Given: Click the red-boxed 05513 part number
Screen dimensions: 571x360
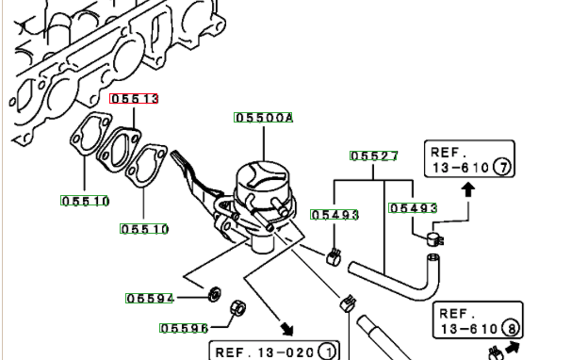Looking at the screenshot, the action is click(134, 98).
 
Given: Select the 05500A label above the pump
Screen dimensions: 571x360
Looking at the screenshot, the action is click(263, 117).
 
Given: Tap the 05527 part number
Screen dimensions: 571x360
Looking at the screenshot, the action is click(374, 155).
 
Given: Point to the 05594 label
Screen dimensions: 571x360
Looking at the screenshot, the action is click(149, 299).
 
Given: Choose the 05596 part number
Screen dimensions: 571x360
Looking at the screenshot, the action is click(184, 328).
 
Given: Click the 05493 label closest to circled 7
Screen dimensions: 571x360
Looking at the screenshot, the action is click(413, 208).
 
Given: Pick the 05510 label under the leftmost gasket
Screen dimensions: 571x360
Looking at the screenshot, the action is click(85, 201).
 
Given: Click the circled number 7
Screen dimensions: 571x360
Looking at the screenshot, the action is click(502, 168).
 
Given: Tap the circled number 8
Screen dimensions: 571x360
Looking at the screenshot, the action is click(512, 329).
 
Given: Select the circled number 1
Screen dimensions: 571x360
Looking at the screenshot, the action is click(328, 352).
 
